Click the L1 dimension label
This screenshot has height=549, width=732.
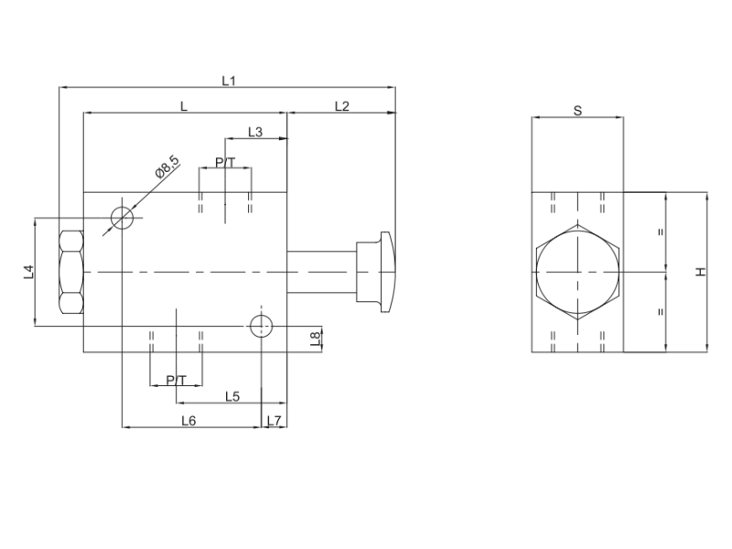(229, 81)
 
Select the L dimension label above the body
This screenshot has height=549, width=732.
(184, 106)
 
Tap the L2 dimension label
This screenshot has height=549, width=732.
(341, 106)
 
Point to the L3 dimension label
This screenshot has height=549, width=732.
(255, 132)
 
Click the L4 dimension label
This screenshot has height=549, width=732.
(28, 271)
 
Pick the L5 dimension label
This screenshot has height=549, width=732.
(231, 396)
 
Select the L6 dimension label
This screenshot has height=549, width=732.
(188, 421)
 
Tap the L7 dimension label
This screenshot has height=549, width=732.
(274, 421)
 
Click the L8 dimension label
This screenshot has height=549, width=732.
(316, 339)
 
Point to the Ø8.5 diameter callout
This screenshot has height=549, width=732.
(167, 167)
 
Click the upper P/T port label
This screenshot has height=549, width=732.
(225, 162)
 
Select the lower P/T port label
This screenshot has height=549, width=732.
(177, 380)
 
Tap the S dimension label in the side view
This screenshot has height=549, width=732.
(577, 111)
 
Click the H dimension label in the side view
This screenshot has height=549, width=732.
(700, 272)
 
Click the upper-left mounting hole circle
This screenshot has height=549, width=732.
(123, 218)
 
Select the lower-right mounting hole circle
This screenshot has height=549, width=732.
(261, 323)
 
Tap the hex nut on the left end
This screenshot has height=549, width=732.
(70, 272)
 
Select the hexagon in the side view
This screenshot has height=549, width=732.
(577, 272)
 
